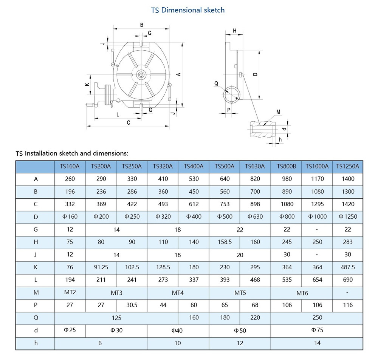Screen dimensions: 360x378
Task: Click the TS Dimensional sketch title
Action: pyautogui.click(x=188, y=10)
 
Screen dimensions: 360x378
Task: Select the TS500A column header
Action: pyautogui.click(x=225, y=166)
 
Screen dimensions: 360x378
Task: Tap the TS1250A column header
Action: pyautogui.click(x=348, y=166)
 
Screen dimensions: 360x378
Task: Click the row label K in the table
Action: pyautogui.click(x=36, y=267)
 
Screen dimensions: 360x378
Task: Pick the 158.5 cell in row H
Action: pyautogui.click(x=225, y=242)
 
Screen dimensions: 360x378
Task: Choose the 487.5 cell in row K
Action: pyautogui.click(x=348, y=267)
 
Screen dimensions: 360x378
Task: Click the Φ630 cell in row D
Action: pyautogui.click(x=255, y=216)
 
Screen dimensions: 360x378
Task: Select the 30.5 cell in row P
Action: pyautogui.click(x=132, y=305)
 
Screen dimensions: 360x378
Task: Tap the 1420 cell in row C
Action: pyautogui.click(x=348, y=204)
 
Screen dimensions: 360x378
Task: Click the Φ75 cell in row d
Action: pyautogui.click(x=317, y=330)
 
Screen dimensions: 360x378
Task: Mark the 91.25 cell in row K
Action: pyautogui.click(x=101, y=267)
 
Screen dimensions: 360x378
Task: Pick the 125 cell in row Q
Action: pyautogui.click(x=116, y=317)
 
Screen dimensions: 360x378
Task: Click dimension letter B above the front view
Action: pyautogui.click(x=142, y=25)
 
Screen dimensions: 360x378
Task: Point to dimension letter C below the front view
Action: pyautogui.click(x=129, y=122)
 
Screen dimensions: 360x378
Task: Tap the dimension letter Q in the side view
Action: pyautogui.click(x=216, y=83)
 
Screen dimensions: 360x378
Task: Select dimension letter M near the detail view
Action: pyautogui.click(x=278, y=112)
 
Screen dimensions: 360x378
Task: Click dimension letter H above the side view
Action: pyautogui.click(x=234, y=31)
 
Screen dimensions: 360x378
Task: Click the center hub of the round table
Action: pyautogui.click(x=141, y=75)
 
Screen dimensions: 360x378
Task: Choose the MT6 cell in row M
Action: pyautogui.click(x=302, y=293)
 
